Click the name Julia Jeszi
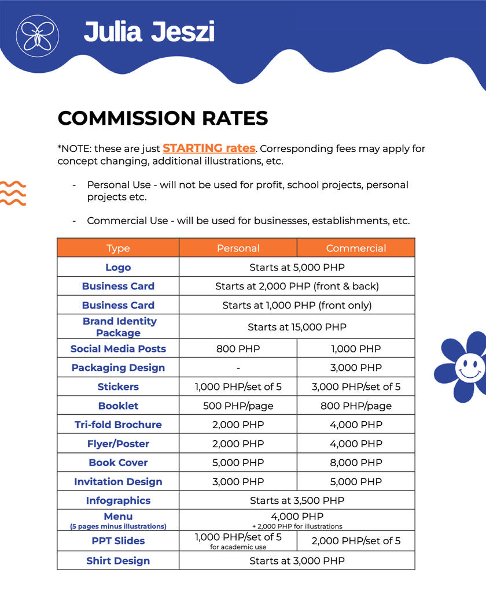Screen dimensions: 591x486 pyautogui.click(x=149, y=32)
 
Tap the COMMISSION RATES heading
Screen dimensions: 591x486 pyautogui.click(x=163, y=118)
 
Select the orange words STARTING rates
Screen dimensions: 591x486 pyautogui.click(x=209, y=148)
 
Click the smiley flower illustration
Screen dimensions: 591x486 pyautogui.click(x=462, y=366)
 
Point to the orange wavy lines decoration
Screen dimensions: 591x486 pyautogui.click(x=13, y=193)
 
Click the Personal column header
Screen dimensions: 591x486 pyautogui.click(x=238, y=248)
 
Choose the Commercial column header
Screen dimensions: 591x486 pyautogui.click(x=356, y=248)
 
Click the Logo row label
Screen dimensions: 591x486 pyautogui.click(x=118, y=267)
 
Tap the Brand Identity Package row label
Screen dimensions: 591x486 pyautogui.click(x=119, y=327)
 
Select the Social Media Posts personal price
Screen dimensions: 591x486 pyautogui.click(x=238, y=349)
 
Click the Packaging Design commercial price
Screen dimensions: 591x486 pyautogui.click(x=356, y=368)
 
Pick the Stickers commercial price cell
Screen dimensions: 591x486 pyautogui.click(x=356, y=386)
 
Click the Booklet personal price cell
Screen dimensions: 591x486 pyautogui.click(x=238, y=406)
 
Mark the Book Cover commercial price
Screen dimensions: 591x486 pyautogui.click(x=356, y=463)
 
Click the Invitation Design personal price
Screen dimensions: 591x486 pyautogui.click(x=238, y=482)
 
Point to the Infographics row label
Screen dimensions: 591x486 pyautogui.click(x=118, y=501)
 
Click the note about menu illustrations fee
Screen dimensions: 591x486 pyautogui.click(x=297, y=526)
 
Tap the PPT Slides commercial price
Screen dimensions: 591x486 pyautogui.click(x=356, y=541)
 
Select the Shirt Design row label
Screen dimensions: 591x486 pyautogui.click(x=118, y=561)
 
